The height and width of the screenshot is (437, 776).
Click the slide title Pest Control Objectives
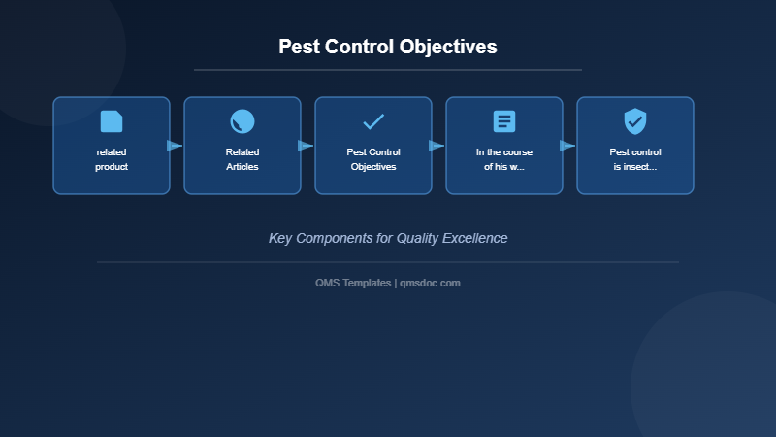point(388,47)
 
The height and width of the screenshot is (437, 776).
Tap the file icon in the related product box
point(112,121)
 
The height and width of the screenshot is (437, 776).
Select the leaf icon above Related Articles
point(242,121)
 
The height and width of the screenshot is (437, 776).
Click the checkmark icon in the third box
point(373,121)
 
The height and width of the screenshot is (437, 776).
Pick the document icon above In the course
point(504,121)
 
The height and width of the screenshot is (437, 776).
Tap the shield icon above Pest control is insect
point(635,121)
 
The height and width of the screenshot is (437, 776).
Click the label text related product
point(112,159)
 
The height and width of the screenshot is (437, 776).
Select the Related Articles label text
point(242,159)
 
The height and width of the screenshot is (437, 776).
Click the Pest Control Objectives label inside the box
point(373,159)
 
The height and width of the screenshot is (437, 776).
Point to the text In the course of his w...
point(504,159)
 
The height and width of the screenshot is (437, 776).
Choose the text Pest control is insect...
point(635,159)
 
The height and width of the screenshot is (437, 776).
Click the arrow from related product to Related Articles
point(175,146)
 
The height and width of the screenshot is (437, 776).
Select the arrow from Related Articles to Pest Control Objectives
point(306,146)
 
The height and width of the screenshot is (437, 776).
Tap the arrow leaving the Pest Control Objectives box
point(436,146)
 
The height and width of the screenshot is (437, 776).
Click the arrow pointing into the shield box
point(567,146)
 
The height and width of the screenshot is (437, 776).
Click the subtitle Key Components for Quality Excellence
point(388,238)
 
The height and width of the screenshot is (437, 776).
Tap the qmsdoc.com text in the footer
point(430,283)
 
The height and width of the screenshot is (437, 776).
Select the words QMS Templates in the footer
point(353,283)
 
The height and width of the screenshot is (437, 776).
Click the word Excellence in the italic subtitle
point(474,238)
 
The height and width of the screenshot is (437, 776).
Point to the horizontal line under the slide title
point(388,70)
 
